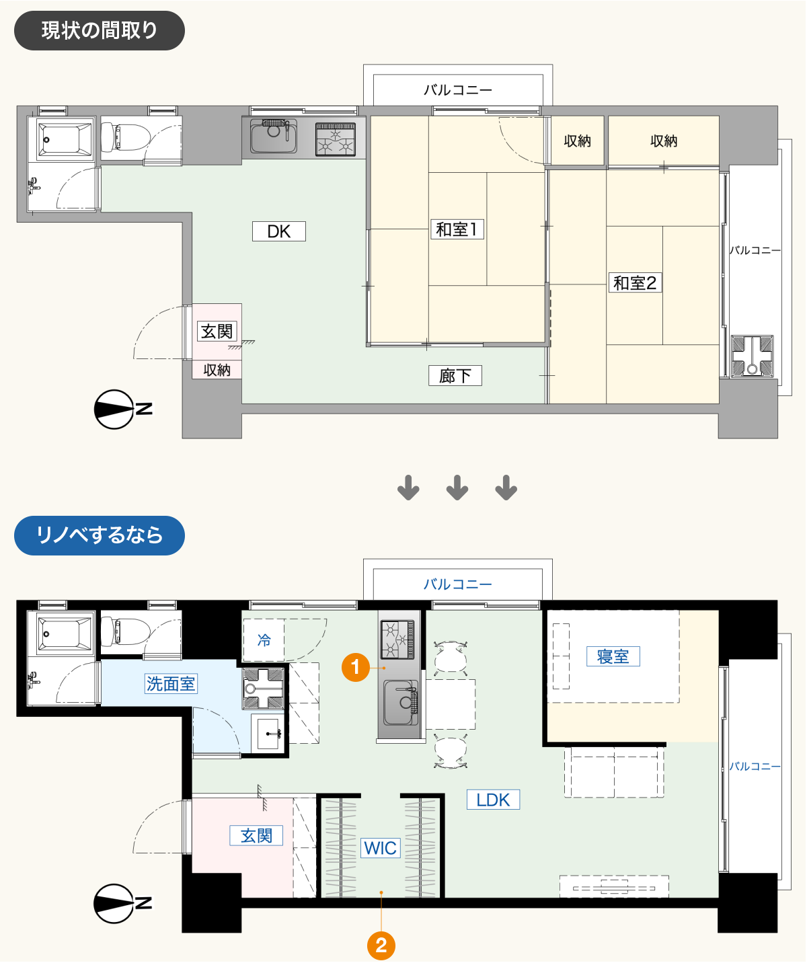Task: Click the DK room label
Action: point(279,231)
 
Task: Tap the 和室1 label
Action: point(457,229)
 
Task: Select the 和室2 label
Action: point(635,282)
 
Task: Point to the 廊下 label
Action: point(455,375)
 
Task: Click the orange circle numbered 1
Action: point(355,667)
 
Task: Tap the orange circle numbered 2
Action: point(381,946)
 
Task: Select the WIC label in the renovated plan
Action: point(380,848)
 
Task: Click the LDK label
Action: point(493,800)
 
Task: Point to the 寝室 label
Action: point(613,656)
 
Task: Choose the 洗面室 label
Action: point(171,683)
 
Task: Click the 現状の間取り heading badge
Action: point(100,30)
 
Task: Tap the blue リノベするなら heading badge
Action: point(100,535)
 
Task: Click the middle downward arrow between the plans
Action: point(457,488)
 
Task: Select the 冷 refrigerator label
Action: point(264,640)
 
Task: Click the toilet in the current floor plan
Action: point(126,137)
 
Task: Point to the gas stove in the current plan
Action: point(336,139)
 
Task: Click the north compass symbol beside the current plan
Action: point(114,409)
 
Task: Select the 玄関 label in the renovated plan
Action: point(256,835)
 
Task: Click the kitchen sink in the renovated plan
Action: point(401,703)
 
